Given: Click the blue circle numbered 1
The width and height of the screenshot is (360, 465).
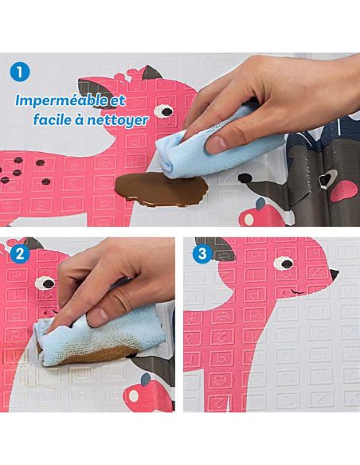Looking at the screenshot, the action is click(20, 72).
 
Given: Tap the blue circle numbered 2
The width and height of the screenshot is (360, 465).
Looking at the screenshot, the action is click(20, 254).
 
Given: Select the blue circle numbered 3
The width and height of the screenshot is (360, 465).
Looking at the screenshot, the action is click(202, 254).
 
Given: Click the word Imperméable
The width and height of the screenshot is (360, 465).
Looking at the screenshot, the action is click(61, 101).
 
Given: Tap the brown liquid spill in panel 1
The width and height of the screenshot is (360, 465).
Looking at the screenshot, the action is click(162, 190).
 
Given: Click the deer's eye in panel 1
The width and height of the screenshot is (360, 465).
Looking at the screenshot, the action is click(164, 111).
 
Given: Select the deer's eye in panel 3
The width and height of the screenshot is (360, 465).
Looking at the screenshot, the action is click(284, 264).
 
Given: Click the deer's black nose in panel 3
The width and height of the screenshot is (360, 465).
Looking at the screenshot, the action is click(335, 275).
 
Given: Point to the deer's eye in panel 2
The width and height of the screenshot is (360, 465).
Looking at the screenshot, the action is click(45, 283).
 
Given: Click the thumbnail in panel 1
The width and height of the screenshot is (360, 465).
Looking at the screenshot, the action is click(216, 144).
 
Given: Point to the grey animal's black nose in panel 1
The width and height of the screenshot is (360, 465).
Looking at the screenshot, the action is click(245, 178).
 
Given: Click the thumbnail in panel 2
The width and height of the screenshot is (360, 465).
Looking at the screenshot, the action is click(98, 317).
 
